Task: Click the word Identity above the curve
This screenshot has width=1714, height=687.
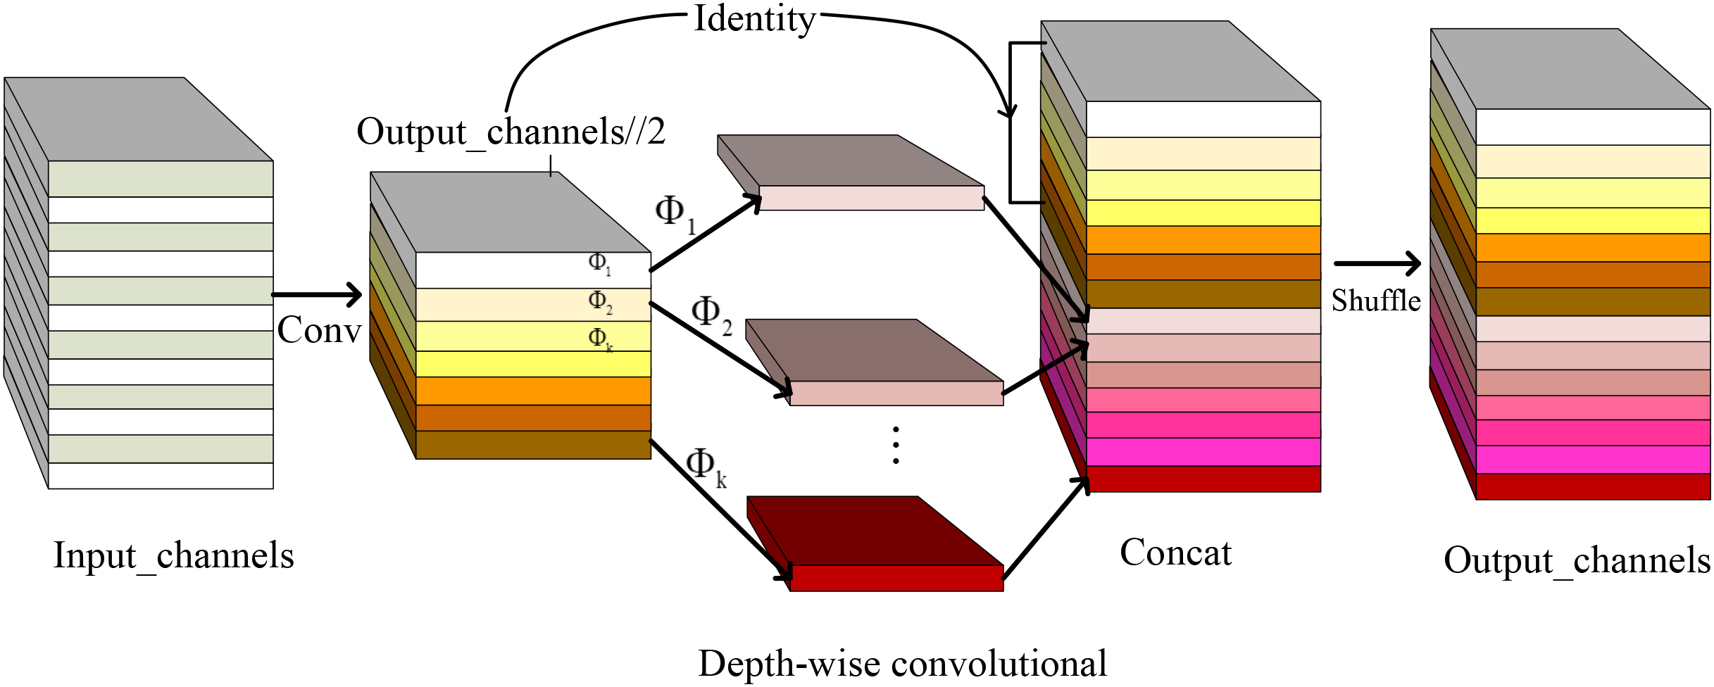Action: tap(754, 19)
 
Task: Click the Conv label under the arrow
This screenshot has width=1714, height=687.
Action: tap(319, 330)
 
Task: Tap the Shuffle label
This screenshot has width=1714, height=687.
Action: tap(1375, 301)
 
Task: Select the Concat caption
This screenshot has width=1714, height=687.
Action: tap(1175, 553)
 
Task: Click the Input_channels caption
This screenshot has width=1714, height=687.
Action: tap(173, 556)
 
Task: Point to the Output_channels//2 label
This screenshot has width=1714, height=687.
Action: tap(511, 132)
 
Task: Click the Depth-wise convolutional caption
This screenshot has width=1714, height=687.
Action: tap(902, 664)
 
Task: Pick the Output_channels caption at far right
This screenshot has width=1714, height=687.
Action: tap(1576, 561)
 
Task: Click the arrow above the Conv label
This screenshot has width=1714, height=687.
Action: tap(317, 294)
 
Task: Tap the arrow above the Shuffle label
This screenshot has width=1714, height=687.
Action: tap(1377, 263)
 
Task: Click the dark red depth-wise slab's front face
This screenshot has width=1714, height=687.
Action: tap(896, 578)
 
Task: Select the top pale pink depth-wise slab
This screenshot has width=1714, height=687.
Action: tap(871, 198)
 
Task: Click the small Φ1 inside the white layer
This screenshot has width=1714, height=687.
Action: tap(599, 263)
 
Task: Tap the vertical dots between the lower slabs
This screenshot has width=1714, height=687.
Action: tap(895, 445)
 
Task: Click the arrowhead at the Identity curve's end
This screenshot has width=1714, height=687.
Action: tap(1010, 111)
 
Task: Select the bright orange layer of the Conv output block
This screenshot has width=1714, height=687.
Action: tap(533, 391)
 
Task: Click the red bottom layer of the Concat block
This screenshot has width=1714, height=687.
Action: tap(1203, 479)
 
